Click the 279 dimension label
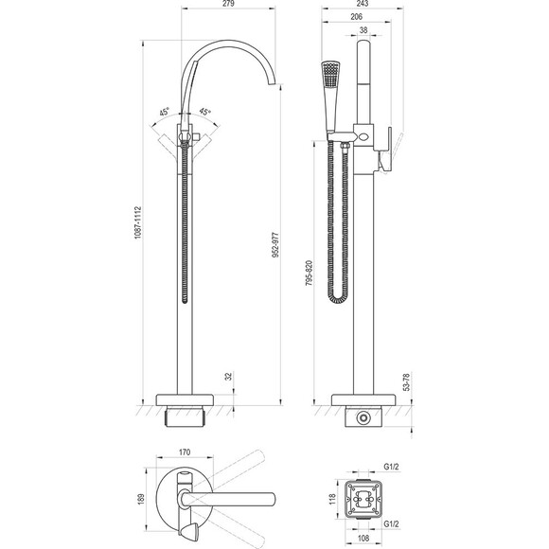click(x=228, y=4)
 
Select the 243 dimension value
click(x=363, y=4)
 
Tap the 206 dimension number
click(x=356, y=16)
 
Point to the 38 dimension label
click(x=363, y=30)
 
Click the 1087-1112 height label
click(x=138, y=222)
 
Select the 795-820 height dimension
click(x=310, y=274)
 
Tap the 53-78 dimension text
click(x=406, y=382)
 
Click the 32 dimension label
click(x=228, y=377)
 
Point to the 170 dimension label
click(x=185, y=452)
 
